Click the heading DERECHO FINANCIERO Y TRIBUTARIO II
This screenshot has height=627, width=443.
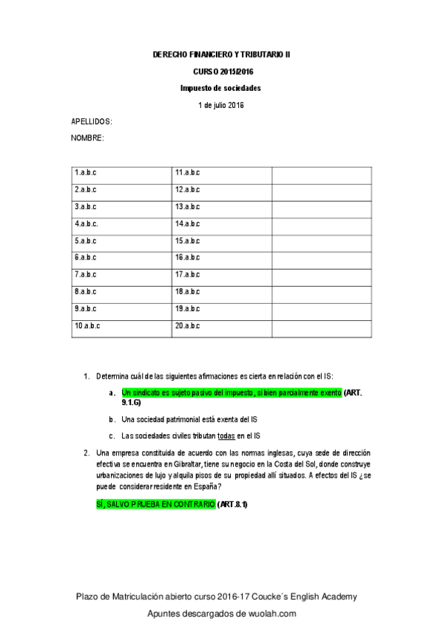[x=221, y=55]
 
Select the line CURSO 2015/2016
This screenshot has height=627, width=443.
[x=221, y=72]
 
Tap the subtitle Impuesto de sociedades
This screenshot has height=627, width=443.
[x=221, y=88]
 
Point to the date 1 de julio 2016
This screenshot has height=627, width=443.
[x=221, y=105]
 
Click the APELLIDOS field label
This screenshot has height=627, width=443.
[x=91, y=121]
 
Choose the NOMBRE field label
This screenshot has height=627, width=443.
[x=87, y=138]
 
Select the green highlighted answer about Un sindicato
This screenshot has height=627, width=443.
[x=231, y=393]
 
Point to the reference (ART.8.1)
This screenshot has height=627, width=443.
[x=233, y=504]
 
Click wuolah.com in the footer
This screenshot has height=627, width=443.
[x=271, y=614]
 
